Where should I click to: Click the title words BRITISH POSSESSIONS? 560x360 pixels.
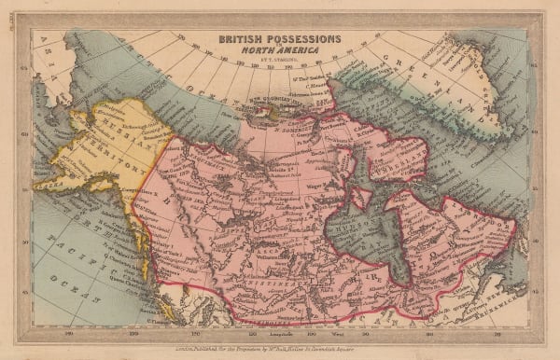[x=280, y=40]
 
